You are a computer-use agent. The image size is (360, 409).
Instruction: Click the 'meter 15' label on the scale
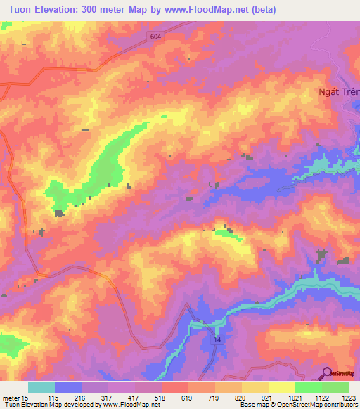(x=15, y=398)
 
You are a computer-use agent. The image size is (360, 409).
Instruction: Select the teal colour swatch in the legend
(x=41, y=387)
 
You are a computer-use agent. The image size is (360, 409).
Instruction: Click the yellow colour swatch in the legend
(x=282, y=387)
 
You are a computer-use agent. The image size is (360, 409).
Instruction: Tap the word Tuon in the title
(x=18, y=10)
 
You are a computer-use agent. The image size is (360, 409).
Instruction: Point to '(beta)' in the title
(x=259, y=10)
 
